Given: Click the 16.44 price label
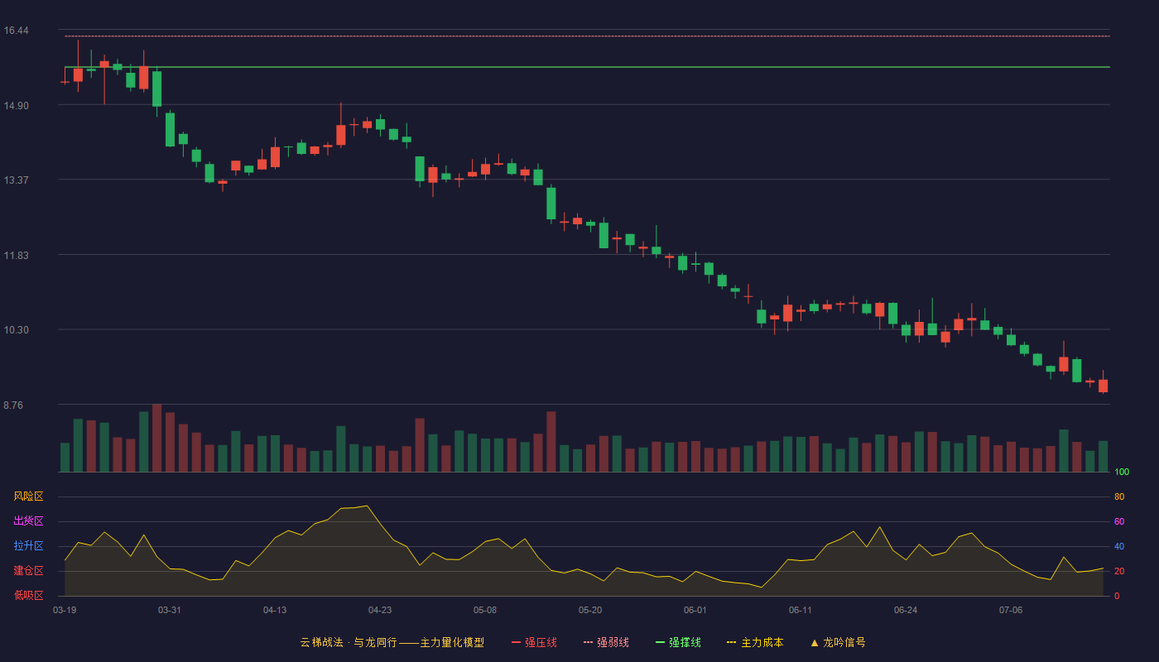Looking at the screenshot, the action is (x=16, y=31).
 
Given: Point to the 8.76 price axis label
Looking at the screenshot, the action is (x=13, y=405).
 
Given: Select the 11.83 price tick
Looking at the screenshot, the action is (x=16, y=256).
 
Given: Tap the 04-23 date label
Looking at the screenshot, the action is (x=380, y=611).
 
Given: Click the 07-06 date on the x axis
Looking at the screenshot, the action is (x=1011, y=611).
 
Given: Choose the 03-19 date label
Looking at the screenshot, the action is (x=65, y=611).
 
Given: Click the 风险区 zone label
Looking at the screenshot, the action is (x=28, y=496).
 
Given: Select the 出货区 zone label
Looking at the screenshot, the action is (x=28, y=520).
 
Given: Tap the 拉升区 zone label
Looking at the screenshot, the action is (x=28, y=545).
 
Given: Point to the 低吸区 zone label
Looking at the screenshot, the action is (x=28, y=595).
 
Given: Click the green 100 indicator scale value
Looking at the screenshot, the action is (x=1122, y=472).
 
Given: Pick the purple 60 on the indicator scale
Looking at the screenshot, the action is (x=1119, y=521).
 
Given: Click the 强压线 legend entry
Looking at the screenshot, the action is (x=535, y=642).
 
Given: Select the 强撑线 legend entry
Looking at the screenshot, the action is (x=678, y=642).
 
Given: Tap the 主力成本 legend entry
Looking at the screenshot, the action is (x=755, y=642).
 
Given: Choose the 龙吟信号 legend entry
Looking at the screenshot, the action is (x=838, y=642).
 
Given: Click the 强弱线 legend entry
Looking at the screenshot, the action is (x=606, y=642).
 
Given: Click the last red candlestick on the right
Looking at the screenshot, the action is (x=1103, y=386).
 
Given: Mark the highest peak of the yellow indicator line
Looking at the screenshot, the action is (x=367, y=506).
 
